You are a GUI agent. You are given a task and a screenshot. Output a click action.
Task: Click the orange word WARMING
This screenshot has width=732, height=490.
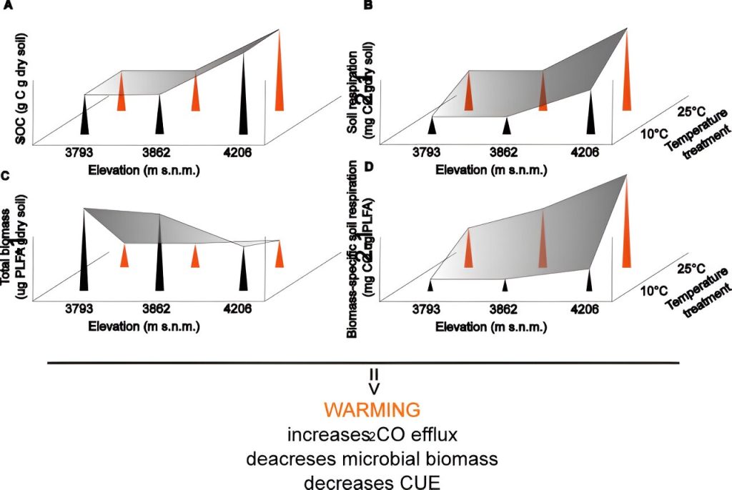click(371, 410)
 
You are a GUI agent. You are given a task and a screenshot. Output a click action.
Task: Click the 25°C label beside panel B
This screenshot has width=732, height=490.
click(691, 111)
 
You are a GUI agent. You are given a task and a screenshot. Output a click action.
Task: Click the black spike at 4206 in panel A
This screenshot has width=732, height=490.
click(244, 93)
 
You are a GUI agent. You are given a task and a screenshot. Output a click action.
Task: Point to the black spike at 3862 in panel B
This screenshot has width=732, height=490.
click(507, 126)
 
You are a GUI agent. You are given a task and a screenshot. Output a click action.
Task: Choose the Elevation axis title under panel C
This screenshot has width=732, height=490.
click(144, 327)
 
